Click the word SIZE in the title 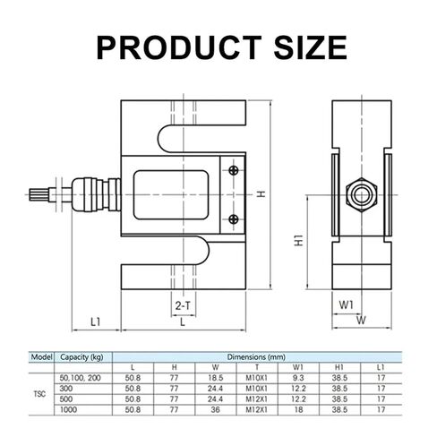pos(310,47)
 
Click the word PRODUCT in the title pos(179,47)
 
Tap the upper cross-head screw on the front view pos(234,170)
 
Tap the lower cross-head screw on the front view pos(234,219)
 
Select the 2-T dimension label pos(183,305)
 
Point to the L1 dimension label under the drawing pos(96,321)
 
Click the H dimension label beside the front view pos(261,194)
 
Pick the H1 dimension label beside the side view pos(299,241)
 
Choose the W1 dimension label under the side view pos(347,305)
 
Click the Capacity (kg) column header pos(81,357)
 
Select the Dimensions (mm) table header pos(256,356)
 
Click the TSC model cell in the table pos(39,394)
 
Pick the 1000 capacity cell pos(68,409)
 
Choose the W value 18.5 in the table pos(216,378)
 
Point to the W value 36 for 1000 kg pos(215,409)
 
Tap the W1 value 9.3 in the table pos(298,378)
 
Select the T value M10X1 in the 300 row pos(256,389)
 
